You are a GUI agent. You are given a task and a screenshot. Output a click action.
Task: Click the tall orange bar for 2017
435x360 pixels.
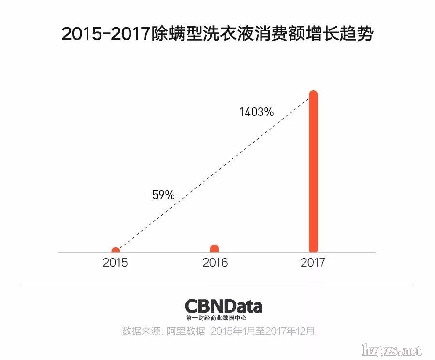tap(313, 172)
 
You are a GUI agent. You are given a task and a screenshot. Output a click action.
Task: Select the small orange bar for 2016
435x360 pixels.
tap(215, 248)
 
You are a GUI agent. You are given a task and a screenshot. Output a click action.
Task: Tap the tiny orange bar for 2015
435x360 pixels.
tap(116, 250)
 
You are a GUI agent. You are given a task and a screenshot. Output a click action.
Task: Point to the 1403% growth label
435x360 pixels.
tap(256, 112)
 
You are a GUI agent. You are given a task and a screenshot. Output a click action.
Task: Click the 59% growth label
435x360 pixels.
tap(163, 195)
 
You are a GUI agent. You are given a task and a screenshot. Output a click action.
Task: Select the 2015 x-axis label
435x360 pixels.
tap(115, 263)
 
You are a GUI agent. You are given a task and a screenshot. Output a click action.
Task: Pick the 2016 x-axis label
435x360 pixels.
tap(215, 263)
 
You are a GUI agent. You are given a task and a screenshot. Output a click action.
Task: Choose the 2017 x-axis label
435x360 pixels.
tap(313, 263)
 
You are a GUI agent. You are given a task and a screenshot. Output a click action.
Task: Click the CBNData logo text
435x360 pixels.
tap(223, 306)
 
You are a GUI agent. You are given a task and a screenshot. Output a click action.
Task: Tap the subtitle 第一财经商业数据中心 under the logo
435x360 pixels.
tap(216, 318)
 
